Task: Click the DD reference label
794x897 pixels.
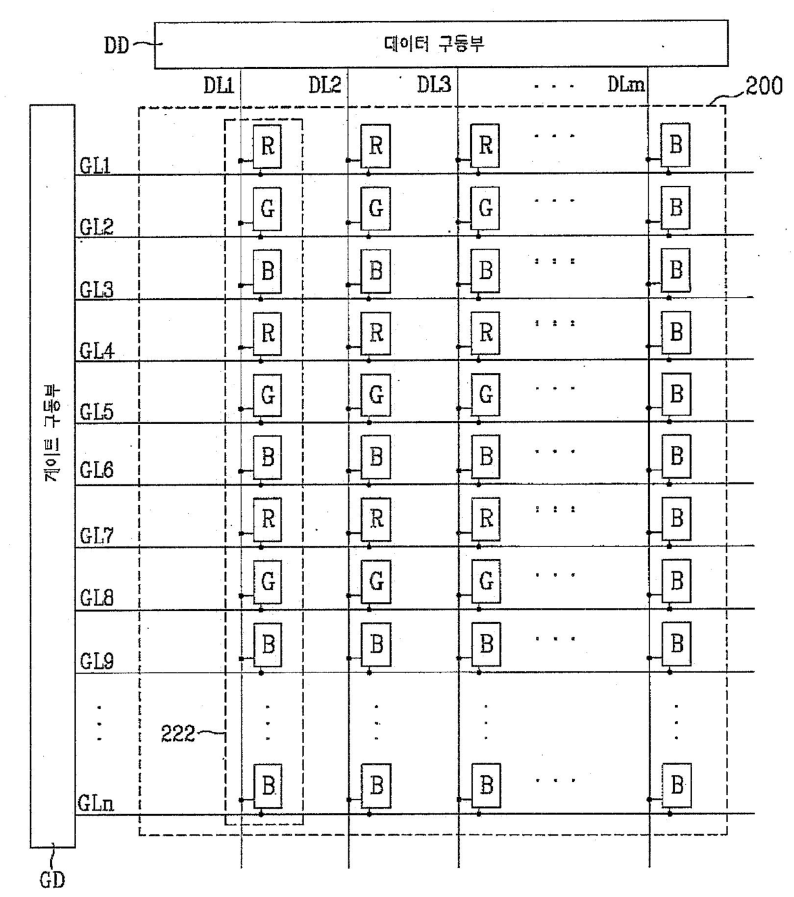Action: click(117, 45)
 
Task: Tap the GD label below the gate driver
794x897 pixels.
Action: click(52, 880)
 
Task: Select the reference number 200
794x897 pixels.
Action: click(764, 86)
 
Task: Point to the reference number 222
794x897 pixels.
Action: click(177, 734)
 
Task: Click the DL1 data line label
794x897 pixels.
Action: click(219, 85)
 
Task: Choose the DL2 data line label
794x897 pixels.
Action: click(325, 84)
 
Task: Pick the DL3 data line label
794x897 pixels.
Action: click(433, 84)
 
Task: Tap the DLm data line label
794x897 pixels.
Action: click(626, 84)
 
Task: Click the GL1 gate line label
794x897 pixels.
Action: click(95, 166)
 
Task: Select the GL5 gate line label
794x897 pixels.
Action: click(97, 412)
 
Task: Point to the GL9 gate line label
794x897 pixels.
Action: click(97, 661)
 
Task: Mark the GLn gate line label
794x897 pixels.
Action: click(95, 803)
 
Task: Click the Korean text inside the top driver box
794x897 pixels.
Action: click(434, 44)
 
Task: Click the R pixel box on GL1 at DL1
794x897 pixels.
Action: click(267, 146)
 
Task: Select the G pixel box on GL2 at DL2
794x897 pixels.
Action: click(376, 209)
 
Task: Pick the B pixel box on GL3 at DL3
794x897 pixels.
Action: click(485, 271)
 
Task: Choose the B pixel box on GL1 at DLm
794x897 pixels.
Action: click(676, 145)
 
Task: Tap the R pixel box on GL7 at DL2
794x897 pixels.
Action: click(376, 519)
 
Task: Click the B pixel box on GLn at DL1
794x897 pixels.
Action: click(268, 786)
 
